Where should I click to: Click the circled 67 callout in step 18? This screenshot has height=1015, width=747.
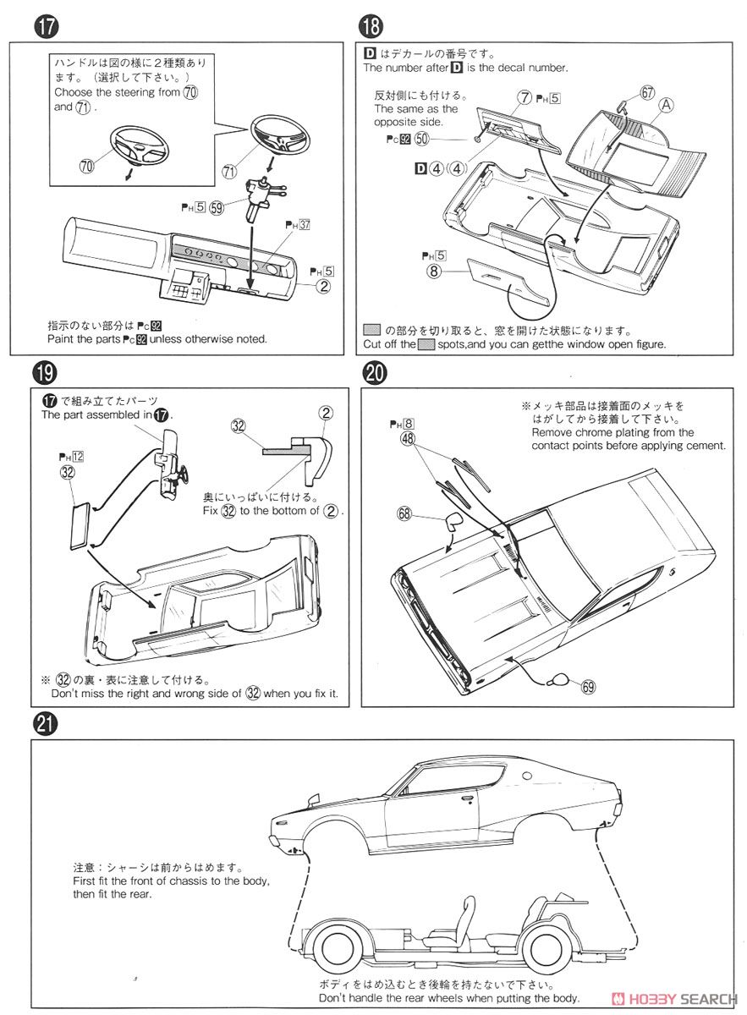(x=648, y=93)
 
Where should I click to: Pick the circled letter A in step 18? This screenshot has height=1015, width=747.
(x=667, y=106)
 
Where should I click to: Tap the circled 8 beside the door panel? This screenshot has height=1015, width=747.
(x=435, y=272)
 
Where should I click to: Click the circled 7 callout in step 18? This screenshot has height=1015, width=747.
(x=525, y=98)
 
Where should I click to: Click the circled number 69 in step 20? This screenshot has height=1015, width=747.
(x=588, y=687)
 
